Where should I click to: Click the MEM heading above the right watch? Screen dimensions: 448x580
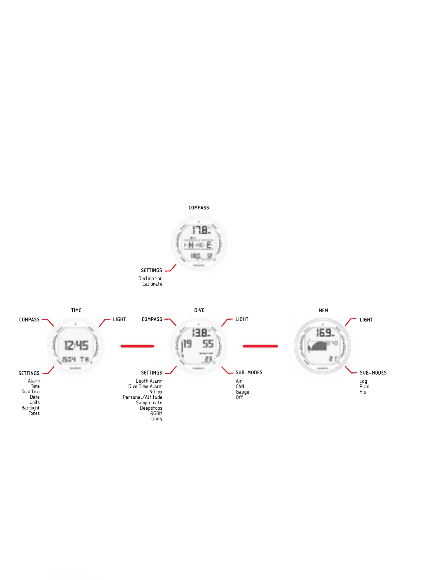tap(323, 311)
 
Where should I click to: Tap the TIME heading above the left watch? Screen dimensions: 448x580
tap(76, 311)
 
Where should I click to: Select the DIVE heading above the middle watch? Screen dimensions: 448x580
tap(199, 311)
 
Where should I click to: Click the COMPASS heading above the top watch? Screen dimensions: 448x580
tap(199, 208)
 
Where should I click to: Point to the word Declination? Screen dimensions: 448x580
tap(150, 279)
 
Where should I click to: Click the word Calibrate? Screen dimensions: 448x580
tap(152, 284)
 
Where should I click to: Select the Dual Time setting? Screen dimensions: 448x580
tap(30, 392)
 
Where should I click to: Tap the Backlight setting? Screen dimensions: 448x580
tap(30, 408)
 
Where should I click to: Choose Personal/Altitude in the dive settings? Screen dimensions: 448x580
tap(142, 397)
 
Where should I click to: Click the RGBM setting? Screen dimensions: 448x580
tap(156, 413)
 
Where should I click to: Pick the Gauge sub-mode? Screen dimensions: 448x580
tap(242, 392)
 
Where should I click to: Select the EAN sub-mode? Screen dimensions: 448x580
tap(240, 387)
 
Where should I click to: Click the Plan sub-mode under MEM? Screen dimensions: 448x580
tap(364, 387)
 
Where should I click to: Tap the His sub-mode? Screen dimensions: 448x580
tap(362, 392)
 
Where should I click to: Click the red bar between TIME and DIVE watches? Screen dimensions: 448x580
tap(137, 346)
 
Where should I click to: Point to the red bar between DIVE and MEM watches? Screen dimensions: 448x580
tap(260, 346)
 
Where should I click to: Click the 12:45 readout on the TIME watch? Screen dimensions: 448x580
tap(76, 345)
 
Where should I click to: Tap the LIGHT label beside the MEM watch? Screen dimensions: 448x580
tap(366, 320)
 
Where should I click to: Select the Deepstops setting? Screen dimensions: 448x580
tap(151, 408)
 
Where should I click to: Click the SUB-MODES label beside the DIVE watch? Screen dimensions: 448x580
tap(249, 373)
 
